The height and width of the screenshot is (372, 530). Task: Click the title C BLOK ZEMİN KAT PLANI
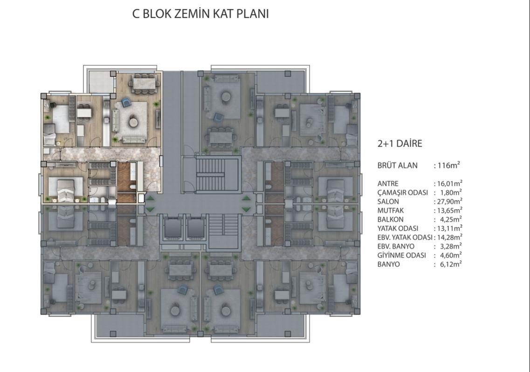point(200,14)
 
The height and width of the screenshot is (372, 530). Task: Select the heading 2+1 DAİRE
point(400,143)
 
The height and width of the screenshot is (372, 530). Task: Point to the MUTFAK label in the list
point(391,211)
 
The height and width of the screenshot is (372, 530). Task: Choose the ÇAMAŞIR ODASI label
point(403,193)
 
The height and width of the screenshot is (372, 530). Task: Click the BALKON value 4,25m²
point(451,219)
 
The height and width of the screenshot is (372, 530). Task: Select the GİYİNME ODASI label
point(401,256)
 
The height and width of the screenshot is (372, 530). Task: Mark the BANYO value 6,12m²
point(451,264)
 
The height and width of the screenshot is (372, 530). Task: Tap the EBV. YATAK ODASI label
point(405,237)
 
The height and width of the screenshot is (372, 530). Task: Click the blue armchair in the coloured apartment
point(126,102)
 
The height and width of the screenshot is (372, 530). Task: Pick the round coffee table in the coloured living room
point(133,121)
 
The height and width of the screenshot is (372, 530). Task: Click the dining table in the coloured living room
point(145,83)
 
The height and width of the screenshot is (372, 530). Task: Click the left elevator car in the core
point(172,228)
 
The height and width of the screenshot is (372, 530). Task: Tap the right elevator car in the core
point(196,228)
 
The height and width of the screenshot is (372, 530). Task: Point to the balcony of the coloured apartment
point(101,82)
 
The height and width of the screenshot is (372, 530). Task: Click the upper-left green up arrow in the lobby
point(150,198)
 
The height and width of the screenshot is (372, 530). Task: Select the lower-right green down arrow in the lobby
point(247,210)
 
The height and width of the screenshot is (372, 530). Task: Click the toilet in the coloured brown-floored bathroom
point(133,187)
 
